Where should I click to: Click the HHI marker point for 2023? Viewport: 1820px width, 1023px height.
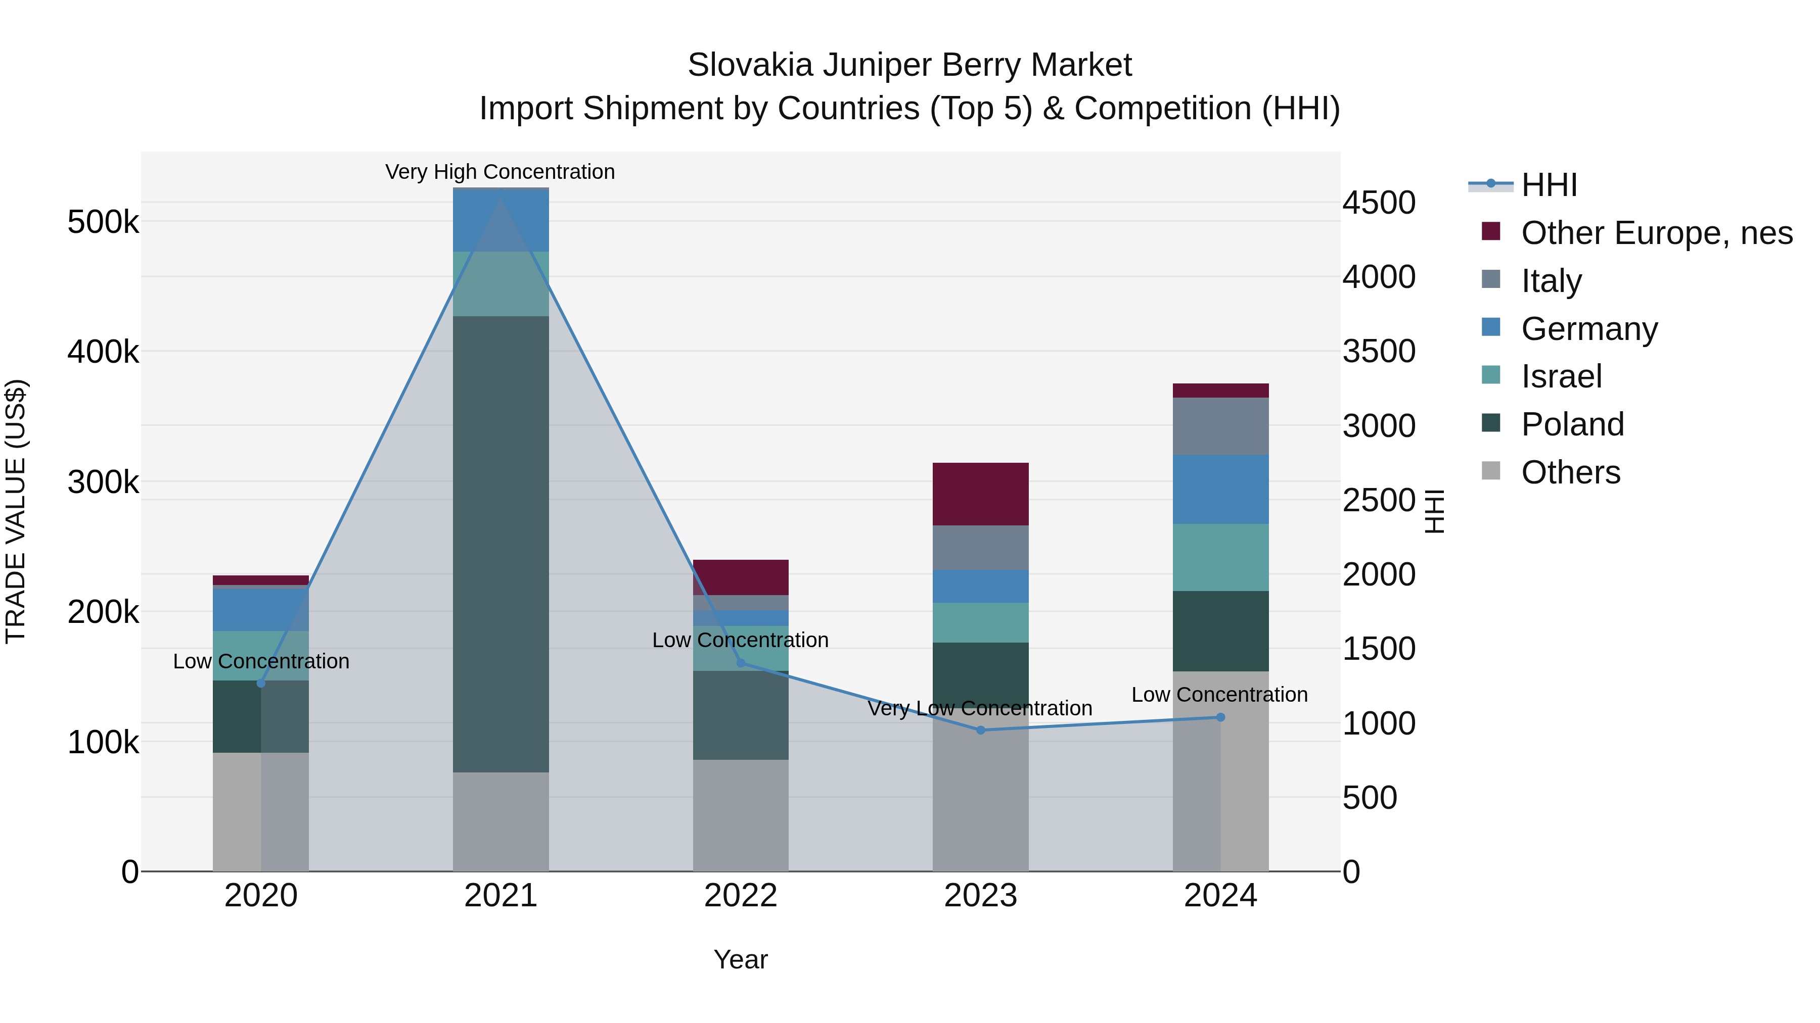(x=981, y=730)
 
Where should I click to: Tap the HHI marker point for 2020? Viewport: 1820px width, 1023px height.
(x=261, y=684)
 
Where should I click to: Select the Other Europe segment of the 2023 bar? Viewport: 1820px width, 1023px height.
(x=981, y=494)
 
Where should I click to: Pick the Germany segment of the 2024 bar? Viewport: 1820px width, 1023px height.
(x=1220, y=489)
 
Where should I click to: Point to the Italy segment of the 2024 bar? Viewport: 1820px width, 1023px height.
(x=1220, y=426)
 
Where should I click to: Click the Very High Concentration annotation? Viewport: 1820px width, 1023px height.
(x=499, y=172)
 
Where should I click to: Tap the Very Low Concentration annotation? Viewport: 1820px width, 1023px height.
(x=979, y=708)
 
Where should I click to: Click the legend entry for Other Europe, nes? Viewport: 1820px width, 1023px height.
(x=1656, y=233)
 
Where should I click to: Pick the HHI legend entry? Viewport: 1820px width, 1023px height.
(x=1549, y=185)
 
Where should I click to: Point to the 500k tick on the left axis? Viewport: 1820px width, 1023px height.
(x=103, y=222)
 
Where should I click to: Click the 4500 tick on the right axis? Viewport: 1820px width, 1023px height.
(x=1379, y=203)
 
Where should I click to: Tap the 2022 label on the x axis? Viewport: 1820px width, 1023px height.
(x=741, y=896)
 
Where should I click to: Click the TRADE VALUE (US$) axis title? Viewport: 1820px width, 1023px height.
(x=16, y=511)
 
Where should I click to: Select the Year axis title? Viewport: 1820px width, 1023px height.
(x=741, y=959)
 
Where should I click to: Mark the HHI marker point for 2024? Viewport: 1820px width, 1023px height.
(x=1220, y=717)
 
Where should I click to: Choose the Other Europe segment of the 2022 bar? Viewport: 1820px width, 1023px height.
(x=741, y=577)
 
